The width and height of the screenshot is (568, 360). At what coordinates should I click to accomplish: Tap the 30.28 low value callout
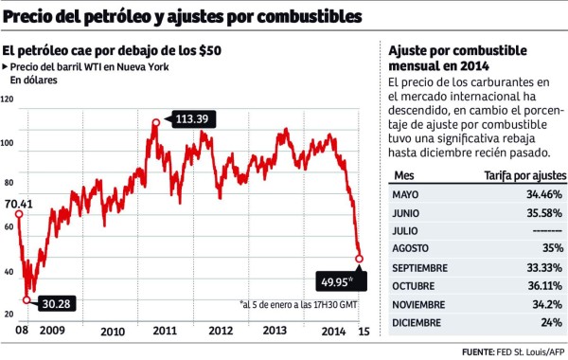[53, 303]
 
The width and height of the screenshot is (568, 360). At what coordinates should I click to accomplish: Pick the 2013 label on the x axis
[275, 331]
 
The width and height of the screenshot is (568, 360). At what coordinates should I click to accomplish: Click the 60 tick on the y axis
[9, 227]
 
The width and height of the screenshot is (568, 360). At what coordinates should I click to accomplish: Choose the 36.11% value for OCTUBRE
[543, 285]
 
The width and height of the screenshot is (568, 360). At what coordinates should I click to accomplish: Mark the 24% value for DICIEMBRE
[550, 321]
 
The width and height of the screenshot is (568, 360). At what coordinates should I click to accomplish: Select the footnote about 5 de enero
[297, 305]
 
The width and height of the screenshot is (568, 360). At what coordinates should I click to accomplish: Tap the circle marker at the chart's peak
[155, 121]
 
